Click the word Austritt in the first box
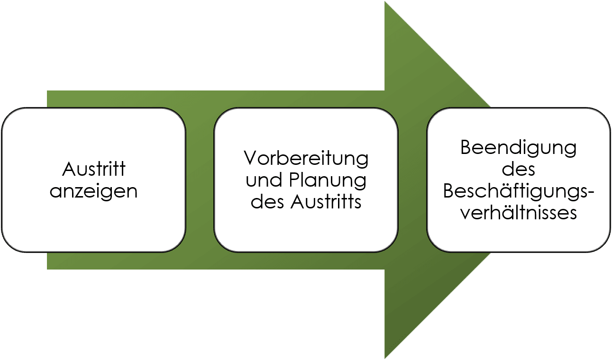pyautogui.click(x=94, y=170)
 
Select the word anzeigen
pyautogui.click(x=94, y=191)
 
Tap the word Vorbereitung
pyautogui.click(x=306, y=158)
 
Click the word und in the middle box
pyautogui.click(x=261, y=180)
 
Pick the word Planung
pyautogui.click(x=326, y=180)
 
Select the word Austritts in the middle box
pyautogui.click(x=326, y=202)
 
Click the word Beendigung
pyautogui.click(x=518, y=147)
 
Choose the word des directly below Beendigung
pyautogui.click(x=518, y=169)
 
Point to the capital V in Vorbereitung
pyautogui.click(x=250, y=158)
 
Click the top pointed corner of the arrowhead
pyautogui.click(x=385, y=2)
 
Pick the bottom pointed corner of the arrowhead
pyautogui.click(x=385, y=358)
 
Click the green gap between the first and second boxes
pyautogui.click(x=200, y=180)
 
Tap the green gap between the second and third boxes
pyautogui.click(x=412, y=180)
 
